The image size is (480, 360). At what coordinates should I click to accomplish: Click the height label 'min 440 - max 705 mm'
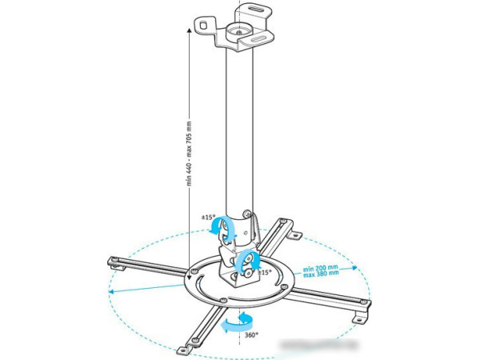[x=190, y=153]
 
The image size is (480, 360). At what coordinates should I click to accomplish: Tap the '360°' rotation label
[x=251, y=335]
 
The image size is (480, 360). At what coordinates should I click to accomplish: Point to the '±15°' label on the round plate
[x=265, y=273]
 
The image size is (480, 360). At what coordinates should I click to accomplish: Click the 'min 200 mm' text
[x=320, y=268]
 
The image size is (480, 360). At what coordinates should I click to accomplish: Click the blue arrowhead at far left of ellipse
[x=112, y=290]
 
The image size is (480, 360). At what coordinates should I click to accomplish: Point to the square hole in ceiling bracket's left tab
[x=203, y=26]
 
